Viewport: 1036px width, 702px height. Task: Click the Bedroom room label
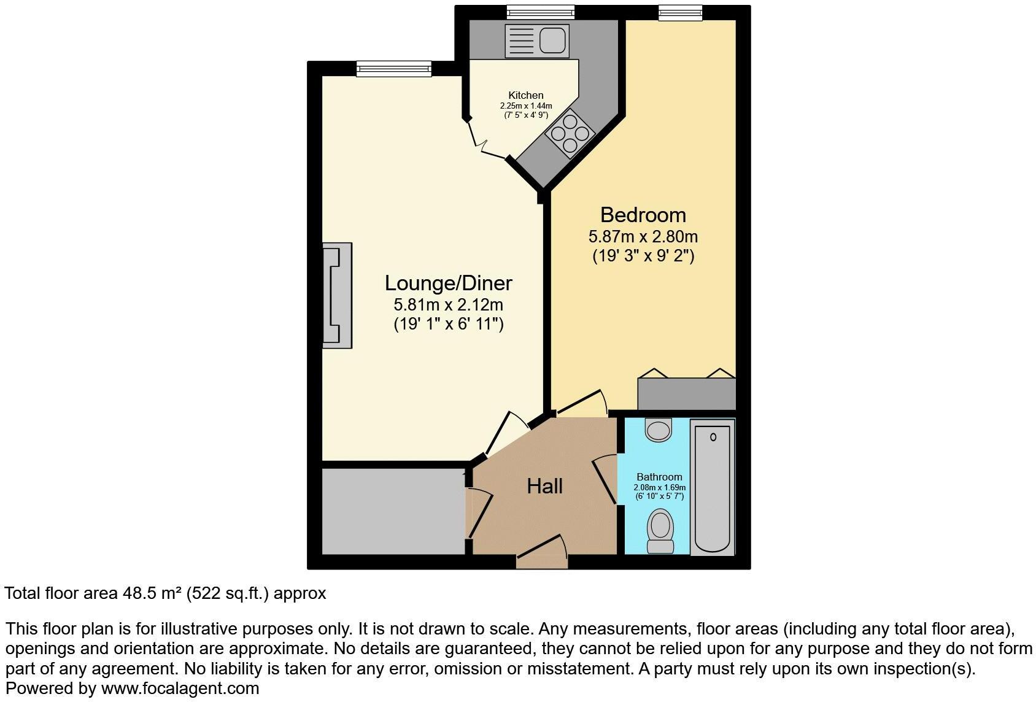pyautogui.click(x=643, y=215)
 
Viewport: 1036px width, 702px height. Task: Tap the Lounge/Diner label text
pyautogui.click(x=448, y=283)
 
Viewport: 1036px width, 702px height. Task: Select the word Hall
pyautogui.click(x=544, y=487)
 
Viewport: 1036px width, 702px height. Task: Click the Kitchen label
pyautogui.click(x=526, y=95)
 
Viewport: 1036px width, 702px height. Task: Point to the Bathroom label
pyautogui.click(x=659, y=477)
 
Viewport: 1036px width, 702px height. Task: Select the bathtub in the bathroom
pyautogui.click(x=713, y=487)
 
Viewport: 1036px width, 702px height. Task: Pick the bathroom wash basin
pyautogui.click(x=660, y=430)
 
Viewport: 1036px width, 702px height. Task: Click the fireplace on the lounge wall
pyautogui.click(x=338, y=296)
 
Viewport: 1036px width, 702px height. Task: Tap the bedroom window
pyautogui.click(x=680, y=12)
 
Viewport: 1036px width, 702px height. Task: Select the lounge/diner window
pyautogui.click(x=393, y=68)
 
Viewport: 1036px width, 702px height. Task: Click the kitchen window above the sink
pyautogui.click(x=541, y=12)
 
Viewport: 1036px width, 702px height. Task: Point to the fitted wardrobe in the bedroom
pyautogui.click(x=686, y=393)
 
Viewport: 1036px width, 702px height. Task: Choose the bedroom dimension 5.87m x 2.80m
pyautogui.click(x=643, y=236)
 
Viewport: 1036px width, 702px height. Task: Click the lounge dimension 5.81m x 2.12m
pyautogui.click(x=448, y=304)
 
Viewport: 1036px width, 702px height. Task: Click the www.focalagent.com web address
pyautogui.click(x=180, y=688)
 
